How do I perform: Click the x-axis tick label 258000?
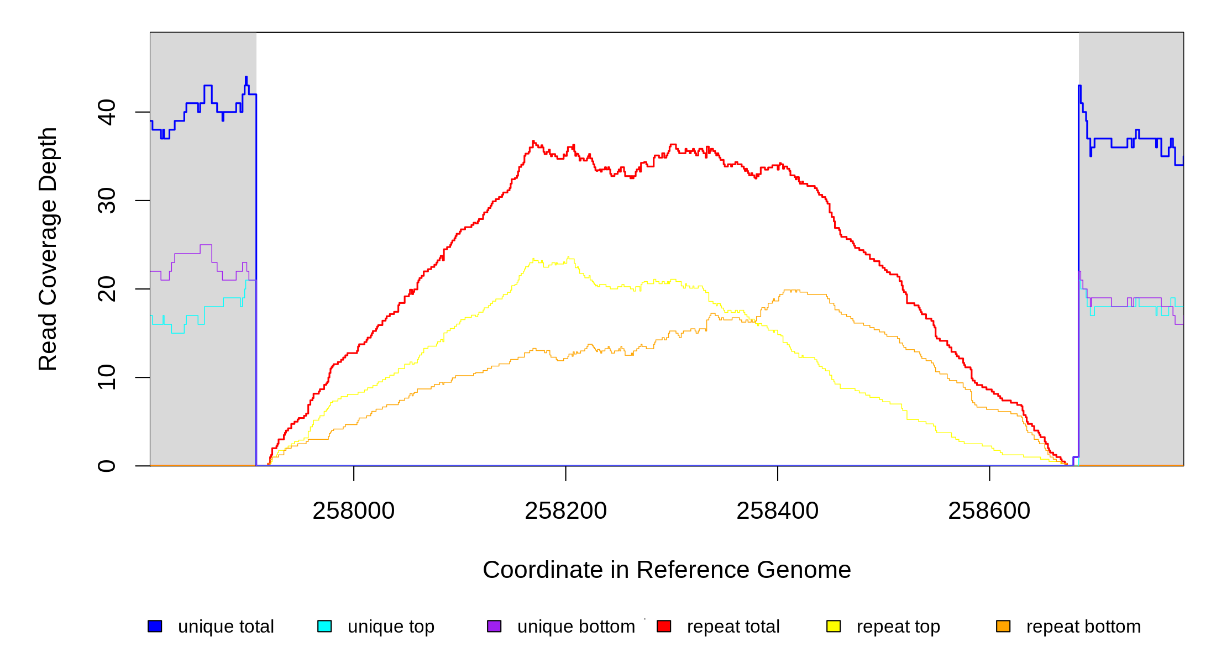click(353, 511)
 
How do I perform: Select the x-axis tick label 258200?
click(565, 511)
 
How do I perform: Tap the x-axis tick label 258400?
click(777, 511)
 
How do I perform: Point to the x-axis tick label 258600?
click(989, 511)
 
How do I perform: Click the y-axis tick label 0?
click(107, 466)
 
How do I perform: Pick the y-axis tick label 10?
click(107, 377)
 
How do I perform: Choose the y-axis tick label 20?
click(107, 289)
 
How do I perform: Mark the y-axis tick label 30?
click(107, 201)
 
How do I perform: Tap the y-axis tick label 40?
click(107, 112)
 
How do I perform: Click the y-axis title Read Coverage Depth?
click(48, 249)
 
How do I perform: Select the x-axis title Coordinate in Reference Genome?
click(667, 570)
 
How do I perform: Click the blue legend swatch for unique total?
click(155, 626)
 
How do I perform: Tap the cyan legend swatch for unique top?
click(324, 626)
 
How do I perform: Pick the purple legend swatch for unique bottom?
click(494, 626)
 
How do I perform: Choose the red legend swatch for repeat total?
click(664, 626)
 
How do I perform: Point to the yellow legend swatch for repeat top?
click(834, 626)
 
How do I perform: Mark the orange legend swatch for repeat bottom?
click(1003, 626)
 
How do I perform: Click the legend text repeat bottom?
click(1083, 627)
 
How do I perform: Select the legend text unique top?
click(391, 627)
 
